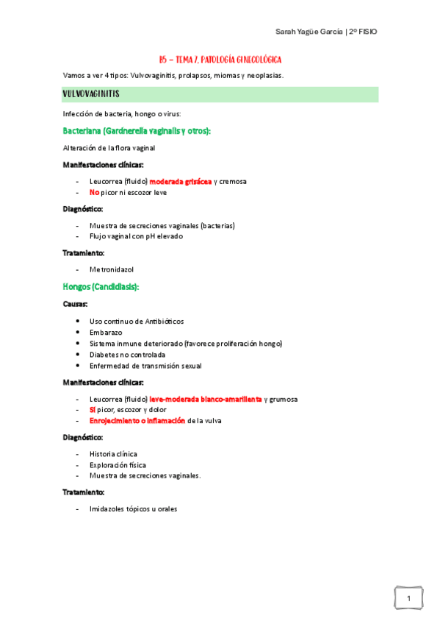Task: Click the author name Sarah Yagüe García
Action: pos(308,32)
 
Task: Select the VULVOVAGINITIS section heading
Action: pos(92,94)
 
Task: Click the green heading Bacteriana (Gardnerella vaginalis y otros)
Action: pos(137,131)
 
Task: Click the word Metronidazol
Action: pos(112,269)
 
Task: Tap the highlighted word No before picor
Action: pos(94,193)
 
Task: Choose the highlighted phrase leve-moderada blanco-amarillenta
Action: pos(206,399)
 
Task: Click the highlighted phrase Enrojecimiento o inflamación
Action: pos(137,420)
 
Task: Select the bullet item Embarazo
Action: pos(107,333)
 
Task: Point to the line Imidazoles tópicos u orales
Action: pos(133,508)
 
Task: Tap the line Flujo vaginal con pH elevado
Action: pos(136,236)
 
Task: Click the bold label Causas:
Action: pos(75,303)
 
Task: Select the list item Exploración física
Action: pos(118,465)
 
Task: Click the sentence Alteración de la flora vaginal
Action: pos(109,148)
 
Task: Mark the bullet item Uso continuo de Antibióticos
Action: pos(137,322)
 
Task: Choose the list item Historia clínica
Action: pos(113,454)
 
